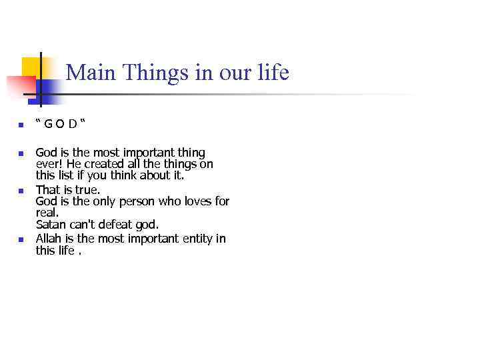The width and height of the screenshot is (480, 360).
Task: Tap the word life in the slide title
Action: click(x=273, y=72)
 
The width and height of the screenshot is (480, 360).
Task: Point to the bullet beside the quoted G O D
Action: click(x=21, y=125)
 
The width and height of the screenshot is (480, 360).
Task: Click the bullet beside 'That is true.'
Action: click(x=21, y=191)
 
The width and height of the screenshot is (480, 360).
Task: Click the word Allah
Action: click(x=48, y=239)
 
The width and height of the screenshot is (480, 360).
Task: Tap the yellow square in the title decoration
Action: click(x=31, y=67)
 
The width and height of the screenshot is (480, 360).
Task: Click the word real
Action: click(x=47, y=213)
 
